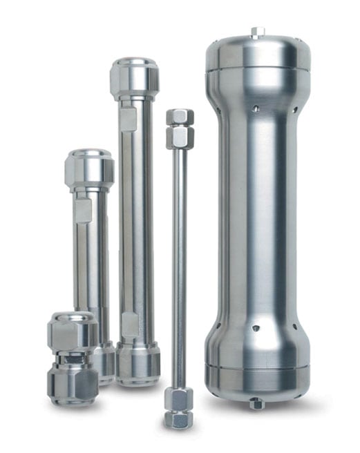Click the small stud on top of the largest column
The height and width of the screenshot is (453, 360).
tap(258, 31)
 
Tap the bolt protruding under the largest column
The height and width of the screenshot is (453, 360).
tap(256, 404)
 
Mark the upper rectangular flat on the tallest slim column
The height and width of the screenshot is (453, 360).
tap(129, 118)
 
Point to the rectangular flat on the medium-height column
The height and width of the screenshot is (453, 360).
tap(84, 210)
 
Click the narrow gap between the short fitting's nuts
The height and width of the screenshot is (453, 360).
tap(73, 357)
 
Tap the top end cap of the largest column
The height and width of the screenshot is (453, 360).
tap(257, 55)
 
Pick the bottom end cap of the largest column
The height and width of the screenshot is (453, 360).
tap(256, 376)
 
